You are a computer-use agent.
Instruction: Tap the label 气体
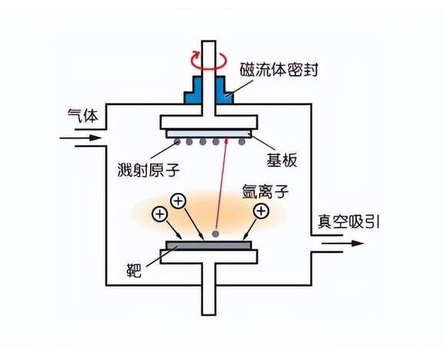80,116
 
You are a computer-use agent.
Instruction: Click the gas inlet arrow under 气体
82,139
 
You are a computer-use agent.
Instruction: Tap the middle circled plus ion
178,201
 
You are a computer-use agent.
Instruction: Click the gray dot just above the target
218,233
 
